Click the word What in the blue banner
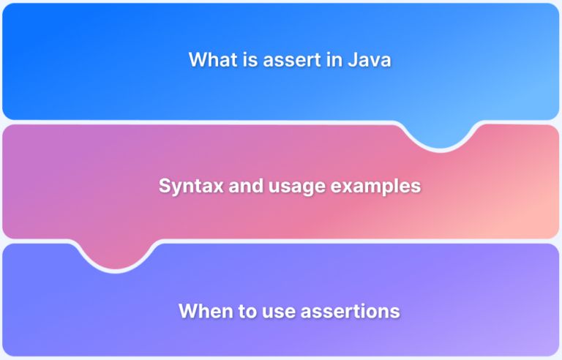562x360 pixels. (209, 60)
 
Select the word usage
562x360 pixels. (291, 186)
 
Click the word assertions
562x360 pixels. (351, 311)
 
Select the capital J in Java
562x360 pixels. (350, 60)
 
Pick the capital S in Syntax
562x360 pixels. (165, 186)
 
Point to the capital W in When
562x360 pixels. (187, 311)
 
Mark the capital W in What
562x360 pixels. (197, 60)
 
